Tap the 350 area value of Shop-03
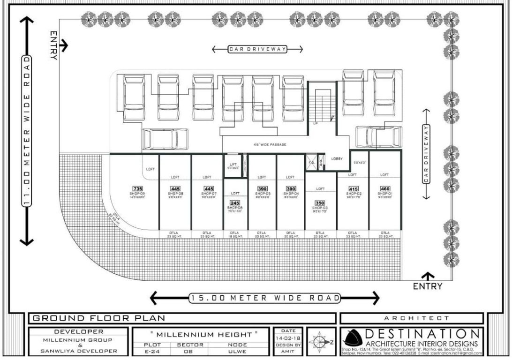coord(320,203)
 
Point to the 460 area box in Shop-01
coord(384,189)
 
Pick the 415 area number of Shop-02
coord(353,189)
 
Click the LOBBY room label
coord(337,158)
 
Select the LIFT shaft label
coord(233,164)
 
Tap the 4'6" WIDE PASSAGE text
coord(270,145)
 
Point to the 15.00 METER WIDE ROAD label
coord(264,298)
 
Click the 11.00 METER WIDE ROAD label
coord(27,131)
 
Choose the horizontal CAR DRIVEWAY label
coord(256,49)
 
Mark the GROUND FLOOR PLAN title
coord(98,318)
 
